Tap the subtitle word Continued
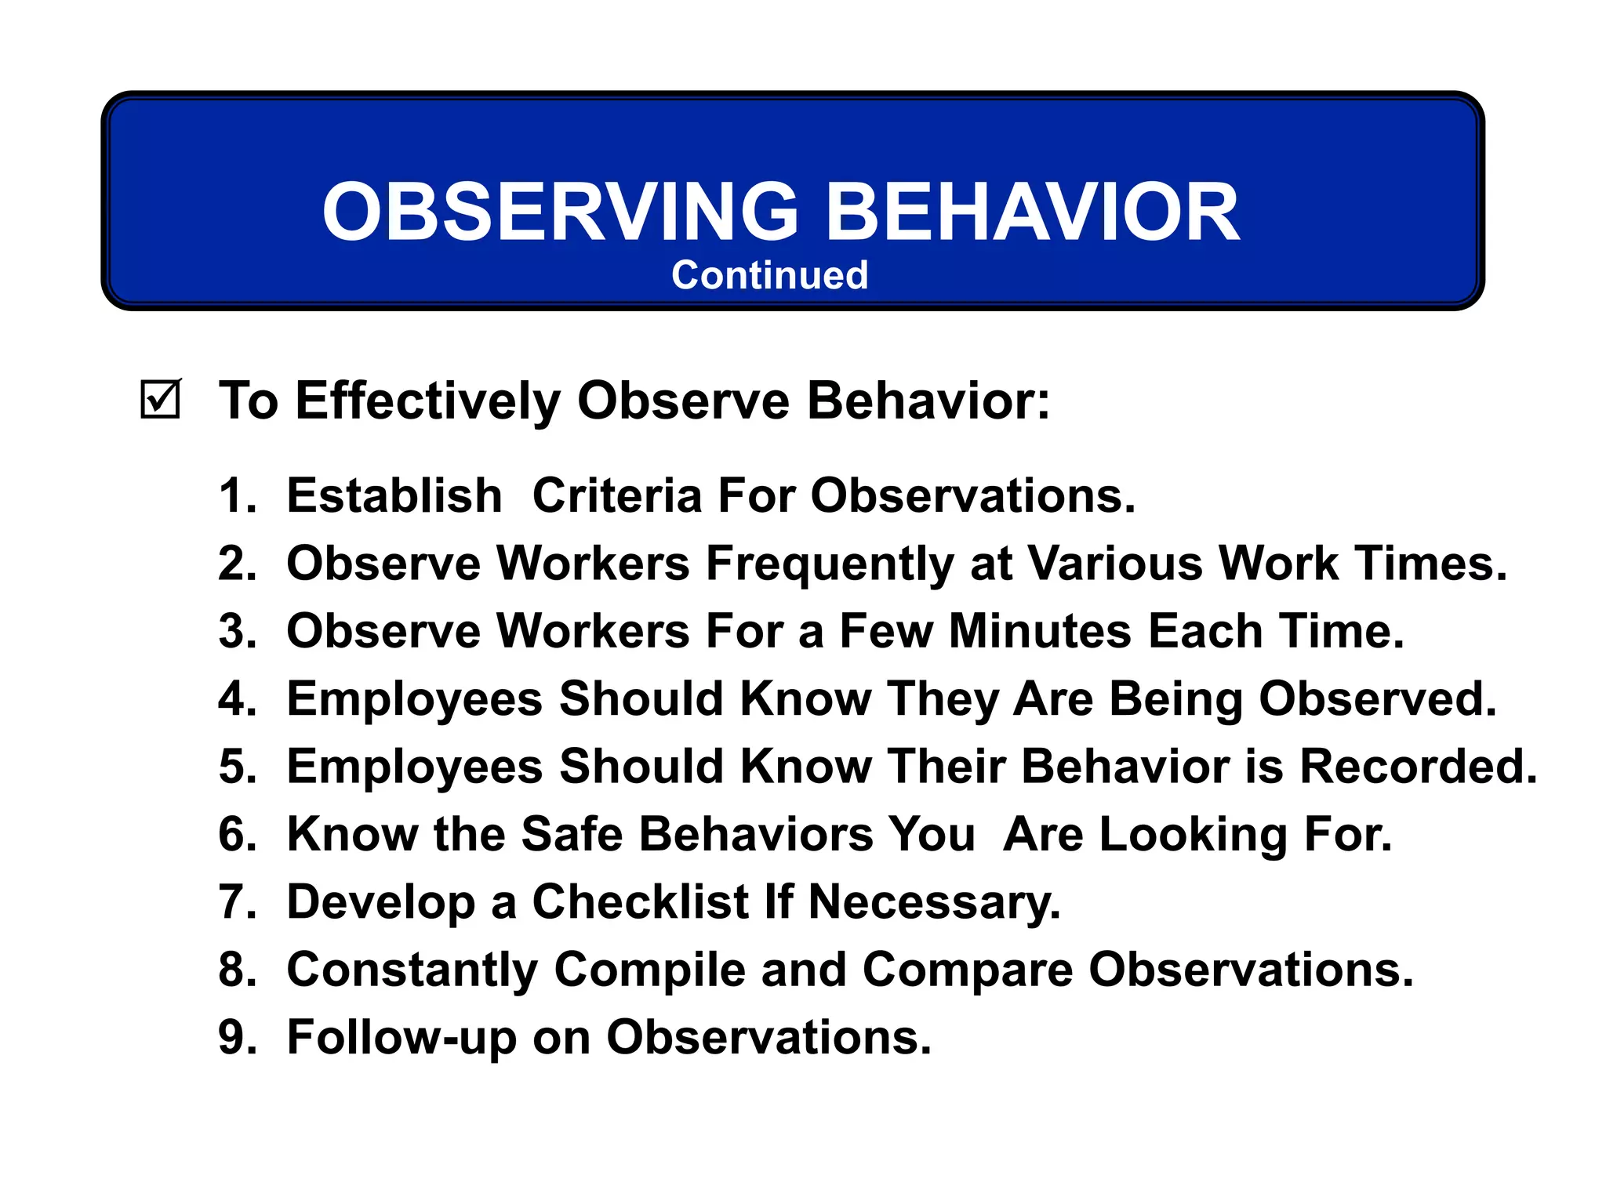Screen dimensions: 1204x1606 [x=769, y=276]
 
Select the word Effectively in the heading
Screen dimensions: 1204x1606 [x=427, y=401]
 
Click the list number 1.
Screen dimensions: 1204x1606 [x=236, y=496]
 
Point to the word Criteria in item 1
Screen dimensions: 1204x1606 [x=616, y=496]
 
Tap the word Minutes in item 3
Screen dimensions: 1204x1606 [x=1040, y=632]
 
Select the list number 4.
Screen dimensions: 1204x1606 [x=236, y=699]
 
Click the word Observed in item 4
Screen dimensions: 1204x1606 [x=1378, y=699]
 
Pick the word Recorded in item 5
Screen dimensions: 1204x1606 [x=1419, y=767]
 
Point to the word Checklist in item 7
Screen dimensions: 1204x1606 [x=640, y=902]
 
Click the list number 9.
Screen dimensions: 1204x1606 [x=236, y=1038]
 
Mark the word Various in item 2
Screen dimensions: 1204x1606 [x=1114, y=564]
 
